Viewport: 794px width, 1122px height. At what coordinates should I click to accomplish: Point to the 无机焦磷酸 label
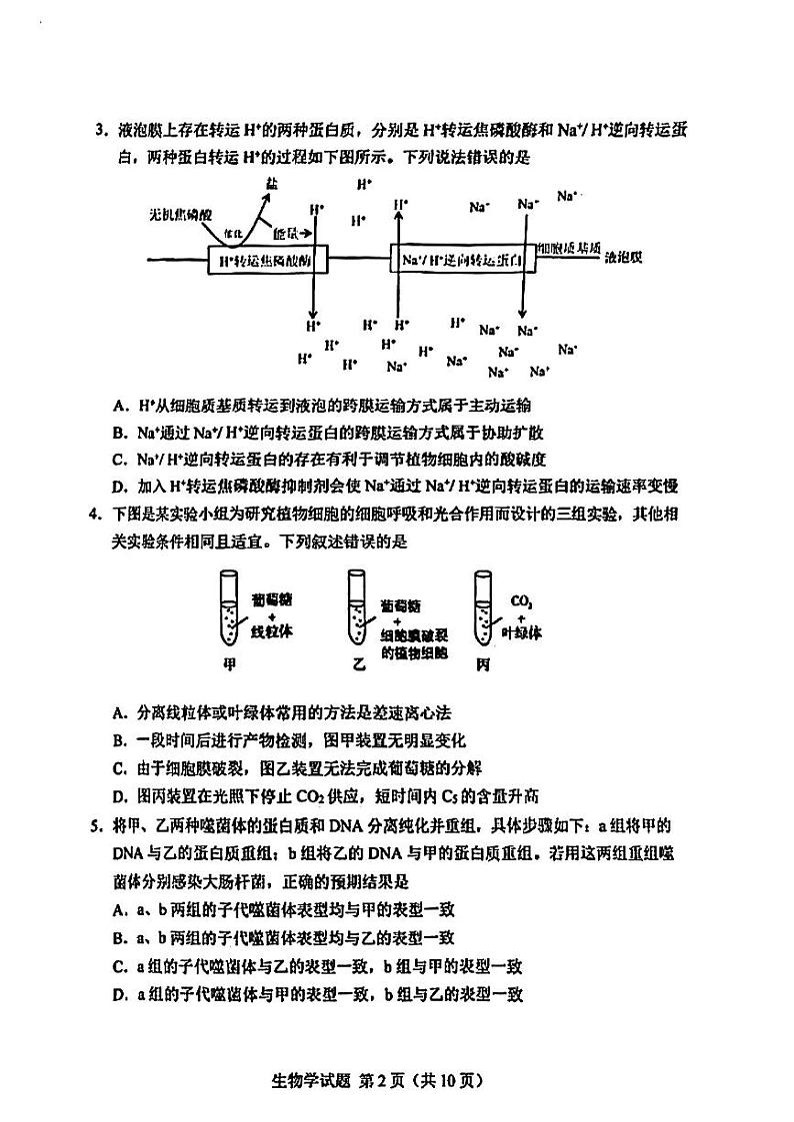[x=181, y=214]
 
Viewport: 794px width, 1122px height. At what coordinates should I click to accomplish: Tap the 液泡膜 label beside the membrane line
[x=624, y=256]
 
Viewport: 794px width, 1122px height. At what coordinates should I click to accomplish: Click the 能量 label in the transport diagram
[x=286, y=233]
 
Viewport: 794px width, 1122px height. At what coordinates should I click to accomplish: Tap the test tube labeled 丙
[x=484, y=608]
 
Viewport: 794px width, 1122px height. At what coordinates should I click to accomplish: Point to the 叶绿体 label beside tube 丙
[x=522, y=632]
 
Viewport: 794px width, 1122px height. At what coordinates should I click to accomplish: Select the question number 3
[x=100, y=131]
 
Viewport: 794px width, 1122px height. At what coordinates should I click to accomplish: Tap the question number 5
[x=100, y=826]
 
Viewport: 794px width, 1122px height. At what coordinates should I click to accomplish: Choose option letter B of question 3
[x=119, y=433]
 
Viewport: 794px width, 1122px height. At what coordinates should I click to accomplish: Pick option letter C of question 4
[x=119, y=767]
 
